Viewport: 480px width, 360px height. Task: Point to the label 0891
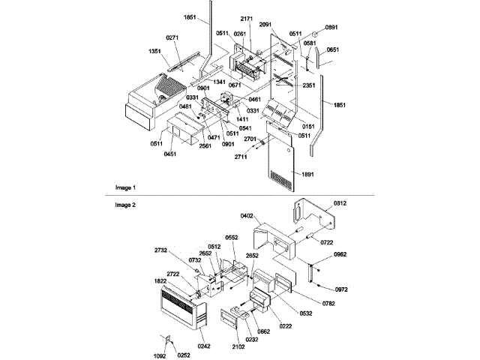(x=331, y=28)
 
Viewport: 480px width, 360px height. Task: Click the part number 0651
(x=334, y=50)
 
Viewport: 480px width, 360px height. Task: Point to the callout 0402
(x=248, y=217)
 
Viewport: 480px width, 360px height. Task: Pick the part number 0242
(x=205, y=346)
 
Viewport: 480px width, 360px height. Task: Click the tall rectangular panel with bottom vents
(x=289, y=169)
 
